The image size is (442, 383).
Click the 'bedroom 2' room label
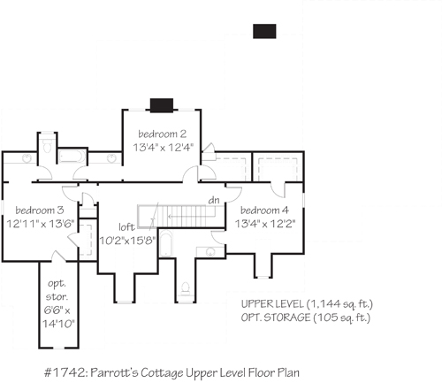(x=163, y=134)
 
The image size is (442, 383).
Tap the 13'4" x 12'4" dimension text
(x=163, y=147)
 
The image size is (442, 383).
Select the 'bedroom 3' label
(x=40, y=211)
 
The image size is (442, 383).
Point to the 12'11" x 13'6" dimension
(x=41, y=224)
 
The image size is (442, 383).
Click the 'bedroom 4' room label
(x=264, y=211)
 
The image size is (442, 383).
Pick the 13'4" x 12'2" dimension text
(x=265, y=224)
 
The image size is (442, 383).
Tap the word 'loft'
(x=126, y=227)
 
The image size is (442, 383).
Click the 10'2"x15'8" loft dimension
(x=127, y=241)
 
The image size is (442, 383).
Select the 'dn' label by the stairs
(x=214, y=200)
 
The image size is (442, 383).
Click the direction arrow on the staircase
(x=192, y=217)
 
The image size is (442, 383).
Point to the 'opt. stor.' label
(x=57, y=290)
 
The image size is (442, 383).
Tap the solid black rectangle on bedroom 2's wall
(x=162, y=105)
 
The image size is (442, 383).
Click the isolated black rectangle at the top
(x=264, y=31)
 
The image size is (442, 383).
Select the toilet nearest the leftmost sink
(x=47, y=146)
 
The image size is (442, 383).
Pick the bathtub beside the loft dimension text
(x=165, y=244)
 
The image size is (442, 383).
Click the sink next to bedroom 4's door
(x=210, y=252)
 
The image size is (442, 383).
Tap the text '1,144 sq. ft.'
(x=339, y=303)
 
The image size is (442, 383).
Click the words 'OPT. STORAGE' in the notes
(x=276, y=318)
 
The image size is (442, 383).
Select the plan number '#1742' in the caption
(x=65, y=372)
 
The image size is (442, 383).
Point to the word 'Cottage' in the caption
(x=162, y=373)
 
